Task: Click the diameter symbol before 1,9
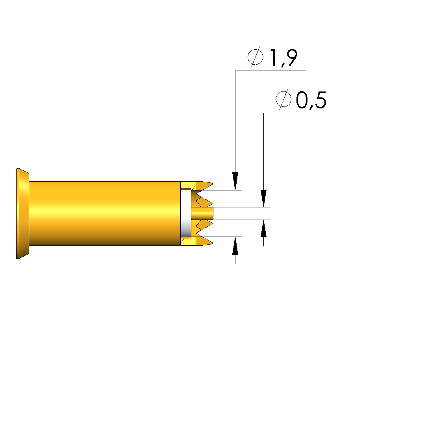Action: (x=256, y=57)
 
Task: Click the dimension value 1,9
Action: (x=283, y=58)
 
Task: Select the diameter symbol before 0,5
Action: (x=283, y=99)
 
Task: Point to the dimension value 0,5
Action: (x=311, y=100)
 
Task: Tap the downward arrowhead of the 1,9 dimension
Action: (x=235, y=181)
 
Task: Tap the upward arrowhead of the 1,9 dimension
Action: (x=235, y=246)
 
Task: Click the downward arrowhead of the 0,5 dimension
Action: (x=263, y=198)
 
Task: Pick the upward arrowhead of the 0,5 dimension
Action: (x=263, y=228)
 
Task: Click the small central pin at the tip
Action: (x=202, y=214)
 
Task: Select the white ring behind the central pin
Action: (x=186, y=214)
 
